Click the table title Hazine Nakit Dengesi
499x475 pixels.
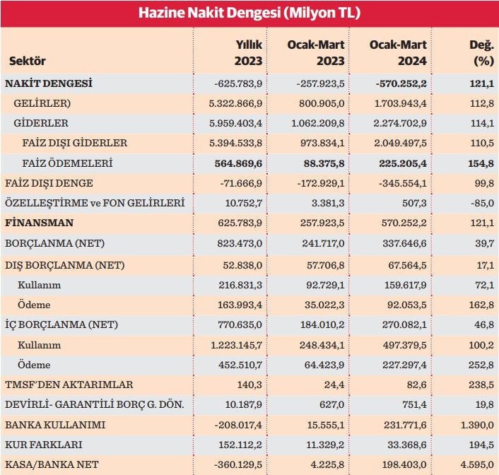tap(249, 13)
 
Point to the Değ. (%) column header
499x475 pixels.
tap(481, 53)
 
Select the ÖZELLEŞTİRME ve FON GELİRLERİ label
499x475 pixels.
tap(95, 204)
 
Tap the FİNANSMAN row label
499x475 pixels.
tap(40, 223)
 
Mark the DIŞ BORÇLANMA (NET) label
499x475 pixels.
tap(61, 264)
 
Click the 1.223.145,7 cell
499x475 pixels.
tap(233, 345)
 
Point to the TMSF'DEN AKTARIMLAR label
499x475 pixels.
tap(69, 385)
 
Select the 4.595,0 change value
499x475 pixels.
tap(476, 465)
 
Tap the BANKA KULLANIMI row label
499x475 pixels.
tap(54, 426)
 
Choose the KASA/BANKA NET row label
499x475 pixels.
tap(52, 465)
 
